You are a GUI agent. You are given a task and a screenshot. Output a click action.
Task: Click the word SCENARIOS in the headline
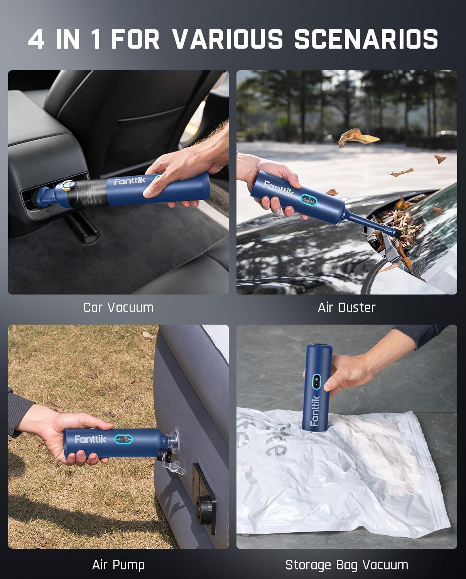(366, 39)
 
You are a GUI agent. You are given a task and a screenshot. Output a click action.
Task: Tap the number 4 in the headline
(36, 39)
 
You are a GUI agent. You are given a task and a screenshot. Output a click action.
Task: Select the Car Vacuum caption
(118, 307)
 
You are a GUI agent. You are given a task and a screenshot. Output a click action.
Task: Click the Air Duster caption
(346, 307)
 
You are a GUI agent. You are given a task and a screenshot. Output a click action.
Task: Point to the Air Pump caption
(118, 565)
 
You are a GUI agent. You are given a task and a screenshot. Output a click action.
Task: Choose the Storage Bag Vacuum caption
(346, 565)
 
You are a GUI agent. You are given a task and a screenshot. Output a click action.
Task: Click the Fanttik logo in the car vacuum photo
(130, 181)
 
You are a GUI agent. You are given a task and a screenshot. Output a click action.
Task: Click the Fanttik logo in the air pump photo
(90, 439)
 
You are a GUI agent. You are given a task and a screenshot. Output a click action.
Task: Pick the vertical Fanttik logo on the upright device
(314, 411)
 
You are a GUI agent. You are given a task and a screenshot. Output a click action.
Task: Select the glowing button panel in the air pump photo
(123, 439)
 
